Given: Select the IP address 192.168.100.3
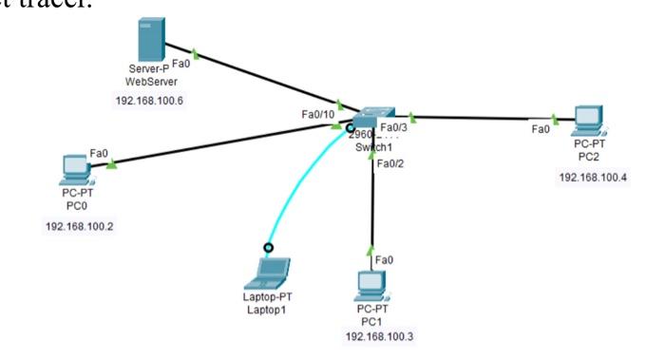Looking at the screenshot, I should click(379, 336).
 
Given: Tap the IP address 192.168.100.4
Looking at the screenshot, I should click(593, 177).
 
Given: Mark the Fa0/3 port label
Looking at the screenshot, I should click(393, 126).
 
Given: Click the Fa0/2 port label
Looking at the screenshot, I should click(390, 164).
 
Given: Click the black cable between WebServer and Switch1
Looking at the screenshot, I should click(256, 75).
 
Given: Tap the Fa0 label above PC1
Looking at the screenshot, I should click(384, 259).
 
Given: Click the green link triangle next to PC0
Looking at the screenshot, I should click(113, 164).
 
